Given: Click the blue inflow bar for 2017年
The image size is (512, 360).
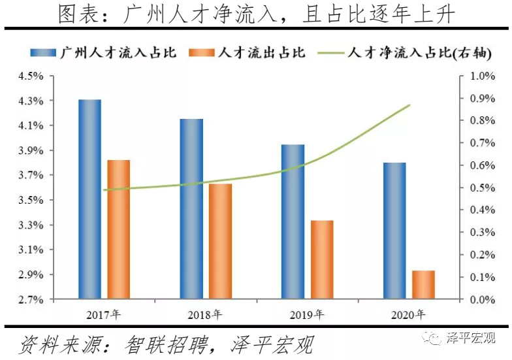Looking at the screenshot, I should (89, 199).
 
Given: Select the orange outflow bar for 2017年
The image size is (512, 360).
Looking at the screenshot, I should (119, 229).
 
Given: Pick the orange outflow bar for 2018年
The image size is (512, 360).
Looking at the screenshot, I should (220, 242).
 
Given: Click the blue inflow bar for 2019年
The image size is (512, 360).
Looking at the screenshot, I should (293, 222).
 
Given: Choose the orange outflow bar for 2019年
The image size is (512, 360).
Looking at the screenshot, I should (322, 260).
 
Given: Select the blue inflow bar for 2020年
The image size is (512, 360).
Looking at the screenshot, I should (394, 231).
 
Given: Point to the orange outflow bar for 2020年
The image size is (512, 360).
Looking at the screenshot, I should (423, 285).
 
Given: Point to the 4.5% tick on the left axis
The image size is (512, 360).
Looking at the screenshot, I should (30, 76).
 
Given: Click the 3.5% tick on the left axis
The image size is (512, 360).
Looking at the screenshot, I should (30, 200).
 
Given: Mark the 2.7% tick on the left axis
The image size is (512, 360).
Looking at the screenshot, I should (30, 300).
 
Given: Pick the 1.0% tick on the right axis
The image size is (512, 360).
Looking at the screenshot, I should (483, 76).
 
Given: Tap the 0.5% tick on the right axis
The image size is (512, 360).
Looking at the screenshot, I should (483, 188).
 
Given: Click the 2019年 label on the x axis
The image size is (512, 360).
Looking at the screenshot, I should (305, 314).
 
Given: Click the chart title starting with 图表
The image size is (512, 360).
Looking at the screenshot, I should (255, 14).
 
